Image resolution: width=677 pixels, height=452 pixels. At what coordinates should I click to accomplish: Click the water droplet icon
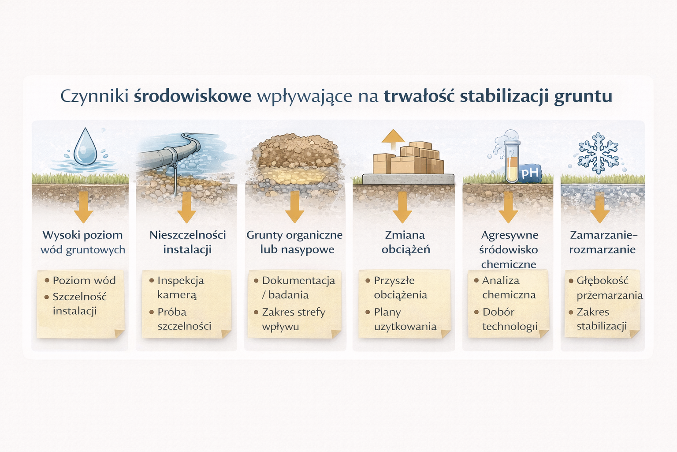(85, 147)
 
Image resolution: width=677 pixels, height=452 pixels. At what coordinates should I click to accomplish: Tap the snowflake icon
(598, 153)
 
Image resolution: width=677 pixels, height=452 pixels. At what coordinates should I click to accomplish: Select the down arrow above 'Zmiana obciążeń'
(402, 207)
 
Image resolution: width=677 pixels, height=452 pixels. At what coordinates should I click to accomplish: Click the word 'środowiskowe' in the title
(193, 96)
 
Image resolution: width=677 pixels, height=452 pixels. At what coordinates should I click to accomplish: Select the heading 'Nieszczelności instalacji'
(187, 242)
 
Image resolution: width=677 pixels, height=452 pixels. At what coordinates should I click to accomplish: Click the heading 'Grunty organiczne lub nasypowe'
(294, 242)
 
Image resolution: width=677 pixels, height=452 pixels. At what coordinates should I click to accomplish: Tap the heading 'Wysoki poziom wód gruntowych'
(83, 242)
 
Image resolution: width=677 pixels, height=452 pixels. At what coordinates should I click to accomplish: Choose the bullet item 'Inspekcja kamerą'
(180, 287)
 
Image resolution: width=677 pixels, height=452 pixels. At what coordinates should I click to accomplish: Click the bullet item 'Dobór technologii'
(509, 319)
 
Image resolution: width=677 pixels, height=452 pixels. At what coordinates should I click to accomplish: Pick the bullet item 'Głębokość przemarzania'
(608, 287)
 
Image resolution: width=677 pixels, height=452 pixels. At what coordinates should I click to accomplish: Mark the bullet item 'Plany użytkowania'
(405, 319)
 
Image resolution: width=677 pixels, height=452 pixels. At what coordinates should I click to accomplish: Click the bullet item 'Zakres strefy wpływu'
(293, 319)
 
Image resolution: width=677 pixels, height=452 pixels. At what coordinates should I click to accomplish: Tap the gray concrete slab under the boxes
(408, 179)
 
